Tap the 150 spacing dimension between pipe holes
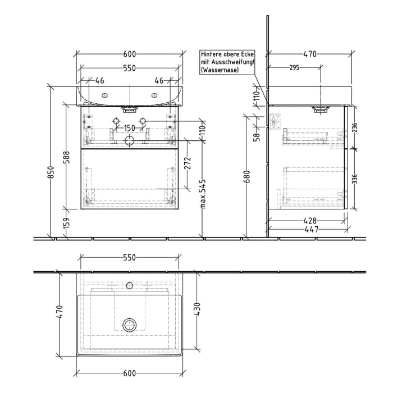[130, 129]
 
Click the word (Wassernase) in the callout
[218, 70]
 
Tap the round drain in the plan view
[130, 324]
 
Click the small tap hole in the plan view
[130, 284]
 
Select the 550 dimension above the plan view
[130, 258]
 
